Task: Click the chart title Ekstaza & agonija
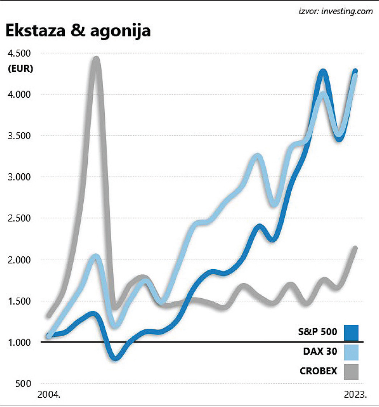click(78, 32)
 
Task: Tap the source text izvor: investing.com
click(335, 11)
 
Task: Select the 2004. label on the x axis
click(49, 395)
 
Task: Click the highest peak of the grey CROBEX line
click(96, 59)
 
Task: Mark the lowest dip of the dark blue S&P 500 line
click(116, 358)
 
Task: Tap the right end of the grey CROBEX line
click(355, 249)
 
